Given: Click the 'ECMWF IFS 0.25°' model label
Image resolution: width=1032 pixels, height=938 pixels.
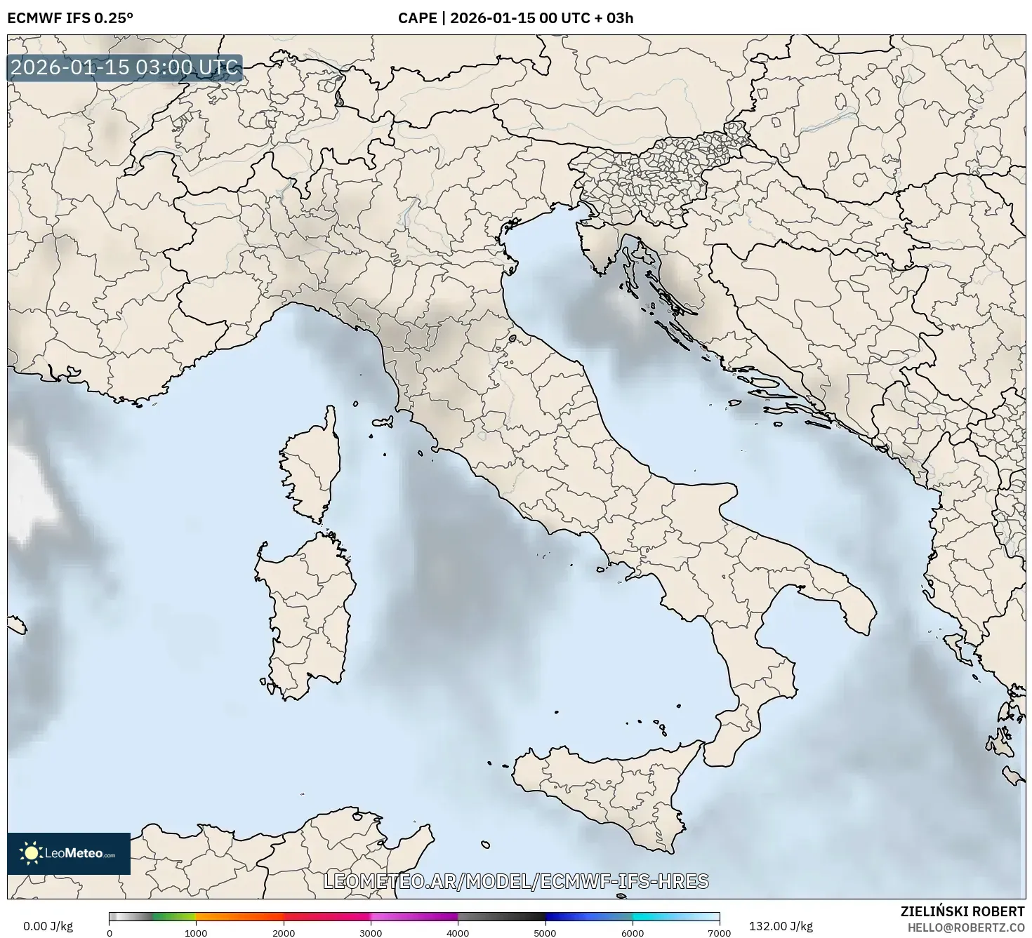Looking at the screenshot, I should coord(70,18).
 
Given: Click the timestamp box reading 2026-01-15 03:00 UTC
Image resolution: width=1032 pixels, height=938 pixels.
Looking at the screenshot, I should coord(125,68).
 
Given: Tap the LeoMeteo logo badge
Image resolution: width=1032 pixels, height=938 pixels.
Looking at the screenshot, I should coord(69,853).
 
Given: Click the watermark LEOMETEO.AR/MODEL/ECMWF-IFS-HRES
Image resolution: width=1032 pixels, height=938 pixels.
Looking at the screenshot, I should coord(516,881).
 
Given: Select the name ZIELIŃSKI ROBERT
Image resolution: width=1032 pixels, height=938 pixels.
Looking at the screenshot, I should coord(962,911).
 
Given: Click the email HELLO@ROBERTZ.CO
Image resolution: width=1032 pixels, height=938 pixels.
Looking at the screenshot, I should coord(965,927).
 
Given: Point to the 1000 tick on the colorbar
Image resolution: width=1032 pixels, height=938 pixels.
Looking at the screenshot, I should coord(196,932).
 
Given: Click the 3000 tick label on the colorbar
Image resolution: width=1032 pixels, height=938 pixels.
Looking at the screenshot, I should coord(371,932).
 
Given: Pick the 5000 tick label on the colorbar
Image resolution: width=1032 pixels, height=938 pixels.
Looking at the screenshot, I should coord(545,932).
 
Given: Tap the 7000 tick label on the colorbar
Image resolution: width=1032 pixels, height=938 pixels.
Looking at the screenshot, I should coord(719,932).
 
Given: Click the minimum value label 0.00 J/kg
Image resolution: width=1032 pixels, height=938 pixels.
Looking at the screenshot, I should coord(48,926).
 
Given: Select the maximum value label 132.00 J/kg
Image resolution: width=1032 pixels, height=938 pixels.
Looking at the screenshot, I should coord(781,926).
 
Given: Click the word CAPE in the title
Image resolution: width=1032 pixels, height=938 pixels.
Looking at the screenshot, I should coord(417,18).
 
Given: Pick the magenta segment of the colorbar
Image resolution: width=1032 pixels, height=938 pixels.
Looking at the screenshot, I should coord(414,916).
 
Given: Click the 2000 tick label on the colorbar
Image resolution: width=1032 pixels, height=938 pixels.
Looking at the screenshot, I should coord(284,932).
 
